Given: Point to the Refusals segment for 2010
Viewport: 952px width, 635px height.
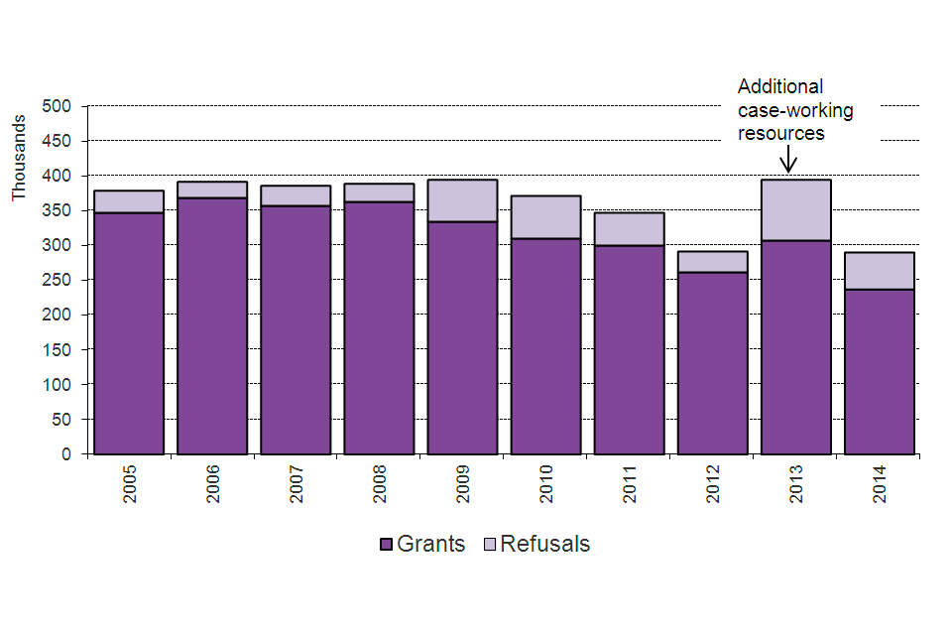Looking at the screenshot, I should click(x=546, y=217).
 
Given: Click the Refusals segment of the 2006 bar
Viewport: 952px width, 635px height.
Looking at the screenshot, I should click(x=212, y=190).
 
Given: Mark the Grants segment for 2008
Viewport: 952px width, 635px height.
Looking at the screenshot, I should click(x=380, y=327).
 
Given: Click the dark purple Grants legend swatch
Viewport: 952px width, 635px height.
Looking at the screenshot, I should click(x=387, y=545).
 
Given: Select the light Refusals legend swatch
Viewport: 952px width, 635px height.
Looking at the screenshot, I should click(x=491, y=545).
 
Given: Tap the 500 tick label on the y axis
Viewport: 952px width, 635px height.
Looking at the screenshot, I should click(x=58, y=106).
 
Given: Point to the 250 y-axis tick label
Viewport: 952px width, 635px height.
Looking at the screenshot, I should click(x=58, y=281).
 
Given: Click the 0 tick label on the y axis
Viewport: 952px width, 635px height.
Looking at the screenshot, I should click(x=67, y=454).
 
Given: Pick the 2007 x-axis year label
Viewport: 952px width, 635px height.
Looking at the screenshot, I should click(x=297, y=485).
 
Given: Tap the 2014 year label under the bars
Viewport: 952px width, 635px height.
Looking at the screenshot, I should click(x=881, y=485).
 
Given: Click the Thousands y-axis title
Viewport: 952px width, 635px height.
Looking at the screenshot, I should click(x=19, y=158).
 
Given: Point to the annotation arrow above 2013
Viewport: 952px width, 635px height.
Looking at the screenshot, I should click(x=789, y=159).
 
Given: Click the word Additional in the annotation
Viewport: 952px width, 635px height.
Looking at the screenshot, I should click(x=779, y=86).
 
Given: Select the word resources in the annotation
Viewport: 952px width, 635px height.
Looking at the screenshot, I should click(x=781, y=133).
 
